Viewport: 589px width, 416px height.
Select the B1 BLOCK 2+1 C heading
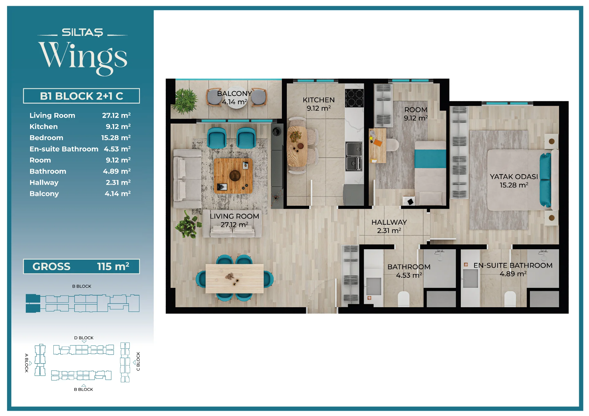(x=81, y=96)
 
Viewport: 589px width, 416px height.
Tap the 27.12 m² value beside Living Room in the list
(x=116, y=115)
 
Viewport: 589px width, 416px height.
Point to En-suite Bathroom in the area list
(x=64, y=149)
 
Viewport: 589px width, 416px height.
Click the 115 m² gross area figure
(x=113, y=266)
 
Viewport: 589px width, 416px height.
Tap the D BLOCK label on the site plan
(x=84, y=338)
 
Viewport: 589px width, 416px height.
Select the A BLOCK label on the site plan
(x=27, y=363)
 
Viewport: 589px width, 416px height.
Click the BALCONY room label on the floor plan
(x=234, y=94)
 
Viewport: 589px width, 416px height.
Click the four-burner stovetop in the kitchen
(x=354, y=98)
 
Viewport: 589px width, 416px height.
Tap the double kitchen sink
(x=354, y=156)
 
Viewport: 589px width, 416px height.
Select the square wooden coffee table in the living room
(x=233, y=176)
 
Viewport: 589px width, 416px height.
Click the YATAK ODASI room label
(x=514, y=177)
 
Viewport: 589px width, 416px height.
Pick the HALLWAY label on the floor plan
(x=389, y=222)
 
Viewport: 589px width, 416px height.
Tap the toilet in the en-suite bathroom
(x=510, y=299)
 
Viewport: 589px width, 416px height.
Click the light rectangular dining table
(x=234, y=279)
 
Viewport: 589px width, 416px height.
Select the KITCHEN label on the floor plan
(x=319, y=100)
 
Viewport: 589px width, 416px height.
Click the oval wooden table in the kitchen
(x=297, y=146)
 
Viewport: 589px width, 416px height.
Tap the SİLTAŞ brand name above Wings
(x=82, y=32)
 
